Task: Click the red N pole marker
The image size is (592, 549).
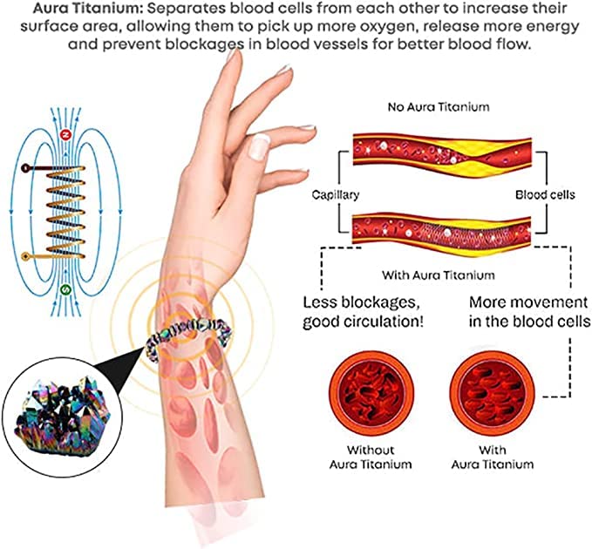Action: [65, 135]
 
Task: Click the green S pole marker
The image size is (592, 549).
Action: [65, 290]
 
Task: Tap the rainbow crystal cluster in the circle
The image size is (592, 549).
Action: [62, 417]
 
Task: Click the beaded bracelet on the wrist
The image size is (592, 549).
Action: [188, 337]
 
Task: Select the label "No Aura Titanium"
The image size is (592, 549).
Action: [439, 107]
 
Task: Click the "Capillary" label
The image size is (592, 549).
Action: [336, 195]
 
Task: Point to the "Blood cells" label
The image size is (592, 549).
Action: [545, 194]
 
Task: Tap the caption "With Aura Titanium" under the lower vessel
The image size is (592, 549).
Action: [438, 274]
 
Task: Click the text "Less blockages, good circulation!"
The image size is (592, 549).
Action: [364, 312]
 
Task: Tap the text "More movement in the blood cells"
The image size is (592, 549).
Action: [530, 312]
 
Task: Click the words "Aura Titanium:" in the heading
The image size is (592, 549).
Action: [86, 9]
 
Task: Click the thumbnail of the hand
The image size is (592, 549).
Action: [259, 146]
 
